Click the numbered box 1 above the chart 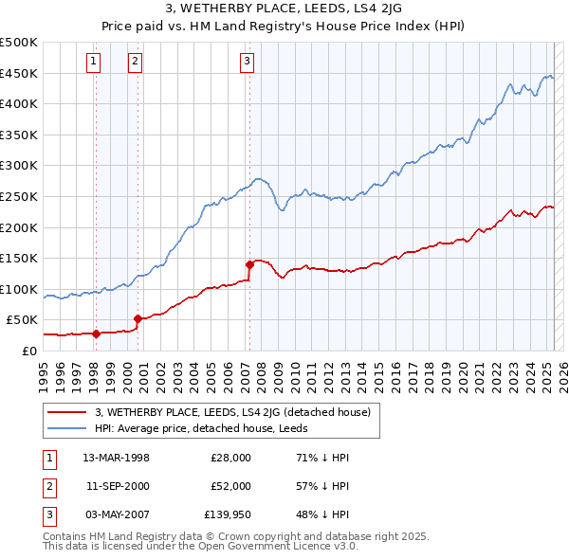(x=95, y=63)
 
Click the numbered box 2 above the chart (x=136, y=63)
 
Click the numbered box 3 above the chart (x=247, y=63)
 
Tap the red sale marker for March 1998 (x=96, y=334)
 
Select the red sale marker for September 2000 (x=138, y=318)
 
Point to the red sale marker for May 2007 (x=249, y=264)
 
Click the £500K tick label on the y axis (x=19, y=43)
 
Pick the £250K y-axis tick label (x=19, y=196)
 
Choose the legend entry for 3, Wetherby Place (x=237, y=412)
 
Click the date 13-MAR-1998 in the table (x=117, y=458)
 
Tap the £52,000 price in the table (x=230, y=486)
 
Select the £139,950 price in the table (x=228, y=514)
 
